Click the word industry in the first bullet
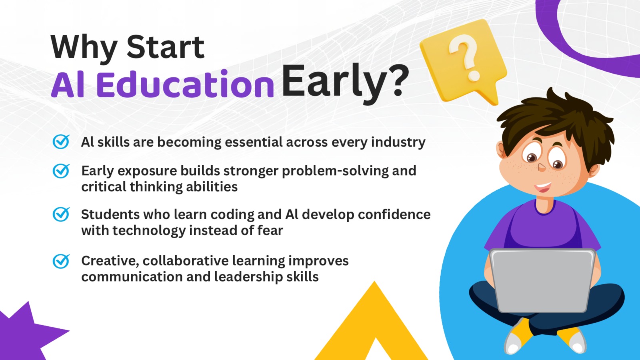398,142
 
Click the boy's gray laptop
542,280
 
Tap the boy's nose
542,168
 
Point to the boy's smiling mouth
543,187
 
